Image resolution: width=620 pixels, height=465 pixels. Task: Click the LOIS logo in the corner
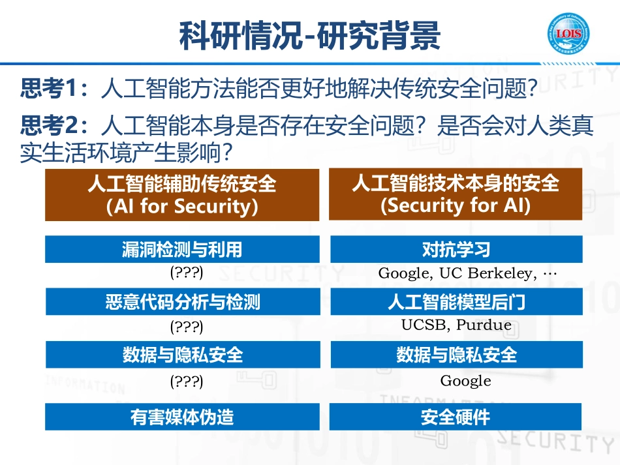(570, 33)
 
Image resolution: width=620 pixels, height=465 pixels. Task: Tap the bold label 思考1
(49, 89)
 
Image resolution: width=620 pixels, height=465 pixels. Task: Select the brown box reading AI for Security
(182, 195)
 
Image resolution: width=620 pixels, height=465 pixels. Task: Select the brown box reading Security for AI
(456, 194)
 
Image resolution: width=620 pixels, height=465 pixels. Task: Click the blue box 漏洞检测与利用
(182, 249)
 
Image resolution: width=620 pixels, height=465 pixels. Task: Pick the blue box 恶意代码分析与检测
(182, 302)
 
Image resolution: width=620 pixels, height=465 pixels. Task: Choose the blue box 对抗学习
(456, 249)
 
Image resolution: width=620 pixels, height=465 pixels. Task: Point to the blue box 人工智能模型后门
(456, 302)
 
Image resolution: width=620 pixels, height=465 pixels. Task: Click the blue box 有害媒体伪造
(182, 417)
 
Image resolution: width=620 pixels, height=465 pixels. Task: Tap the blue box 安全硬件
(456, 417)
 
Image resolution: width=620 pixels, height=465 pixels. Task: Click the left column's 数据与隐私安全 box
(182, 355)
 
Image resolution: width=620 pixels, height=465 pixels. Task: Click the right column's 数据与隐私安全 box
(456, 355)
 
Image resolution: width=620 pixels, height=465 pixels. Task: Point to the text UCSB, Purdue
(456, 325)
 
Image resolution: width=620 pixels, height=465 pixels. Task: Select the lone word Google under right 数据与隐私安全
(465, 381)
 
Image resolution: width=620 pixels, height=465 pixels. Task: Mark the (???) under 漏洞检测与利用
(187, 271)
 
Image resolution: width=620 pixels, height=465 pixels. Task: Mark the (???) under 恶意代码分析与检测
(187, 325)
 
